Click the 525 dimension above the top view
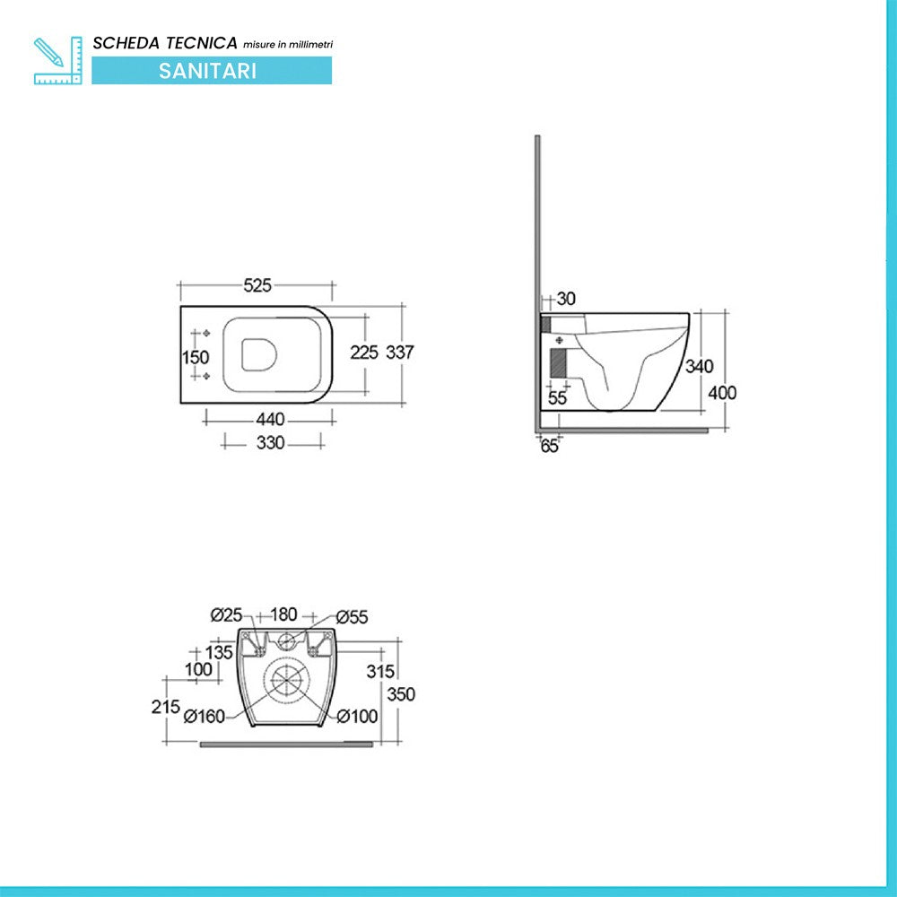tap(257, 285)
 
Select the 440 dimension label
tap(270, 419)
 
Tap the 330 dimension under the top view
tap(270, 442)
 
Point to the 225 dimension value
tap(364, 353)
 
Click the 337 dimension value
tap(399, 353)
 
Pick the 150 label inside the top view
tap(196, 358)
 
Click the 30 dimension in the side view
tap(566, 299)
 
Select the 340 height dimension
tap(699, 366)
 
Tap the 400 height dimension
tap(722, 393)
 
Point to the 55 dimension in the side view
tap(557, 398)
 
